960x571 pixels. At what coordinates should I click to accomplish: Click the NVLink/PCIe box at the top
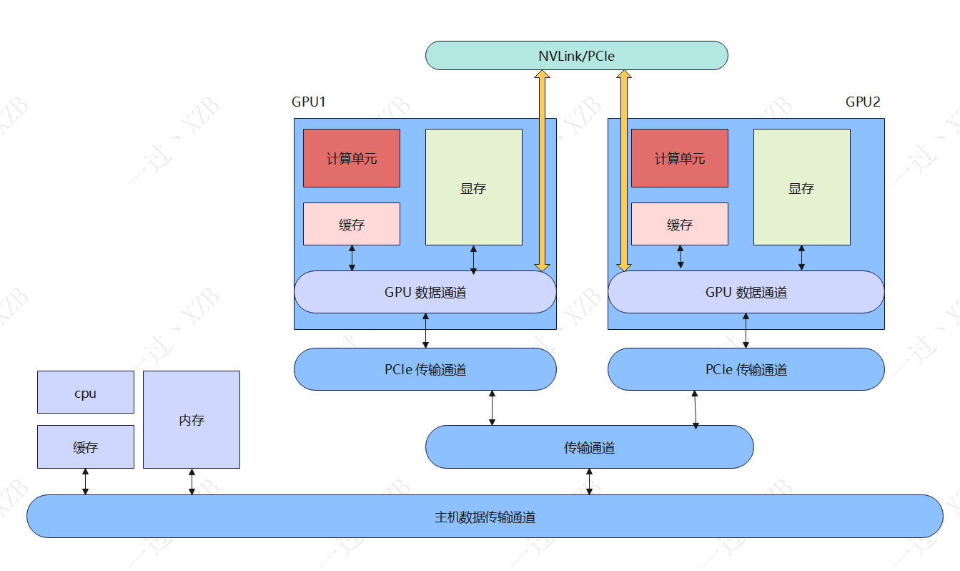pyautogui.click(x=576, y=56)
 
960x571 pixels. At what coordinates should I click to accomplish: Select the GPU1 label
pyautogui.click(x=309, y=102)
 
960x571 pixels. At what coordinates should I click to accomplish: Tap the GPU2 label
pyautogui.click(x=863, y=102)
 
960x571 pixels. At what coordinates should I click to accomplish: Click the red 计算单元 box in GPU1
pyautogui.click(x=352, y=158)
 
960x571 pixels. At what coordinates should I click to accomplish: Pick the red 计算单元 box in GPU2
pyautogui.click(x=679, y=158)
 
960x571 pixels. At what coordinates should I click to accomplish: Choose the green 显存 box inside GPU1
pyautogui.click(x=473, y=187)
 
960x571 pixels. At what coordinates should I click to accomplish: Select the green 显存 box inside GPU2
pyautogui.click(x=801, y=187)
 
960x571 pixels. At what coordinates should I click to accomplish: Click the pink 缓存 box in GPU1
pyautogui.click(x=352, y=224)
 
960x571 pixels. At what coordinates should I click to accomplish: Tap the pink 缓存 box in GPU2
pyautogui.click(x=679, y=224)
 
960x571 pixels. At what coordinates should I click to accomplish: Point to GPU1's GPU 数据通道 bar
pyautogui.click(x=425, y=292)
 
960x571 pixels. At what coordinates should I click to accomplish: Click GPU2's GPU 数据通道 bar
pyautogui.click(x=746, y=292)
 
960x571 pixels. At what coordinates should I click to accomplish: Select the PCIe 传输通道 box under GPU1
pyautogui.click(x=425, y=369)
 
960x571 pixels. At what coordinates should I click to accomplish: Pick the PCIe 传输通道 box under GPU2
pyautogui.click(x=746, y=369)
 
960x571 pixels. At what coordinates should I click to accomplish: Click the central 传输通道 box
pyautogui.click(x=589, y=447)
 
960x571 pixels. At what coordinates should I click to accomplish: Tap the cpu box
pyautogui.click(x=85, y=392)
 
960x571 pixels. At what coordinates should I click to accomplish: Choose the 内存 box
pyautogui.click(x=192, y=419)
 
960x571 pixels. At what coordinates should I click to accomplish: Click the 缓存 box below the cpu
pyautogui.click(x=85, y=447)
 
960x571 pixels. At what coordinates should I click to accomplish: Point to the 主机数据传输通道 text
pyautogui.click(x=485, y=517)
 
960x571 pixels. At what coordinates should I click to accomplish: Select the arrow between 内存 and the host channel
pyautogui.click(x=192, y=482)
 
